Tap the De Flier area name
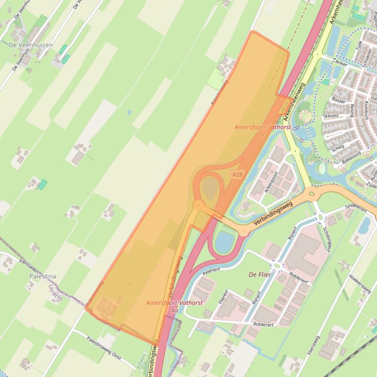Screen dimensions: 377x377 click(x=260, y=275)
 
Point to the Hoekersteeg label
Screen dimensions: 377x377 click(x=359, y=283)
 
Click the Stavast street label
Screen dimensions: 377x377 click(x=331, y=116)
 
